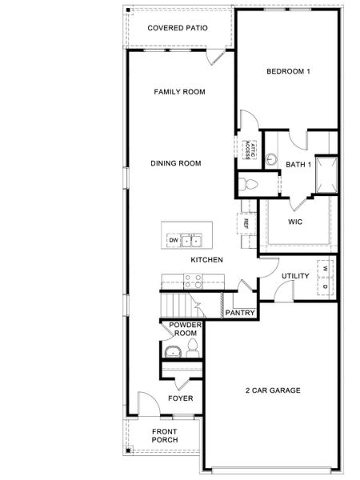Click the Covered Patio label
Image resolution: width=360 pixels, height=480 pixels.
(x=178, y=28)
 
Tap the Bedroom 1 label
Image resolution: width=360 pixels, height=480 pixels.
(x=288, y=72)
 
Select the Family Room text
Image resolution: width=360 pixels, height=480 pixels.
(x=179, y=92)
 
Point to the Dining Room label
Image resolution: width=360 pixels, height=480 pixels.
(x=175, y=163)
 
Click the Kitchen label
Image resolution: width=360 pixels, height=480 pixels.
(x=206, y=260)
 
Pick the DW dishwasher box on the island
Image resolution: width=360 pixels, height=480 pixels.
(x=172, y=240)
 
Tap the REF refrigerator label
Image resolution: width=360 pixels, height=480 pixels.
(x=246, y=224)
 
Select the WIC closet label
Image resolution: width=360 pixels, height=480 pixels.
(x=294, y=221)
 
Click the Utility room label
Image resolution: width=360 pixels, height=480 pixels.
(x=295, y=276)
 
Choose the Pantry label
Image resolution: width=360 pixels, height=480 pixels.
(x=239, y=313)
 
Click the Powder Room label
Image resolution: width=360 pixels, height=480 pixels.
(x=184, y=330)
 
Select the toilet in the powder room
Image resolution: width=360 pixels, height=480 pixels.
(x=192, y=346)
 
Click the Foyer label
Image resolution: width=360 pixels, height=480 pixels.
(x=179, y=398)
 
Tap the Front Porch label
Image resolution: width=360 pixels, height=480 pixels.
(x=165, y=435)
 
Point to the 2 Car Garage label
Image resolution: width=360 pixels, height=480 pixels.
(x=272, y=390)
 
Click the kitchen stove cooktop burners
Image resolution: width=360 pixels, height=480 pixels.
(x=193, y=281)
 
